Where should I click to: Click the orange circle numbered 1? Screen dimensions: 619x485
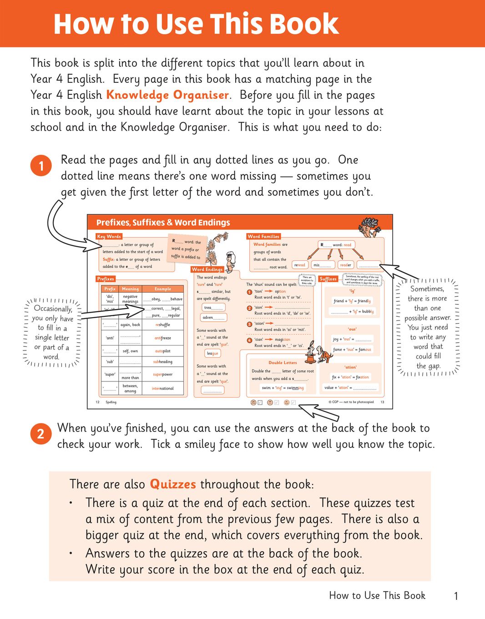[41, 165]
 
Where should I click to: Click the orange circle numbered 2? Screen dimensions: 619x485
[40, 434]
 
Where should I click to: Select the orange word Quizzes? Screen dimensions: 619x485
[173, 484]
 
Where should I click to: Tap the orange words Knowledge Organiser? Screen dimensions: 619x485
[167, 95]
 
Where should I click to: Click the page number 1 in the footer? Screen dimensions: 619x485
[456, 596]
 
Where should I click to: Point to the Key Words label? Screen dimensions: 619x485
[109, 236]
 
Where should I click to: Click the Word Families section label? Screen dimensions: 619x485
[263, 236]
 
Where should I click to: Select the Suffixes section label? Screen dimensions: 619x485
[328, 279]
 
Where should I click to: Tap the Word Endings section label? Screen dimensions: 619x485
[207, 269]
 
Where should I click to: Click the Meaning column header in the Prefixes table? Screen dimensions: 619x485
[130, 289]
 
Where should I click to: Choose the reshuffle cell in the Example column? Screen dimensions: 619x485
[162, 325]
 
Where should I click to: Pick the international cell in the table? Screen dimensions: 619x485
[162, 388]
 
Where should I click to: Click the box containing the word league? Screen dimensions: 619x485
[212, 353]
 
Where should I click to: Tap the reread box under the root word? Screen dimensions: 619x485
[300, 265]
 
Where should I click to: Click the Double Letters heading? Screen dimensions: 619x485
[283, 362]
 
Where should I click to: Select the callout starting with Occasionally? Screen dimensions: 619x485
[52, 332]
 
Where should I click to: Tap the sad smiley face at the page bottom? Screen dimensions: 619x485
[253, 402]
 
